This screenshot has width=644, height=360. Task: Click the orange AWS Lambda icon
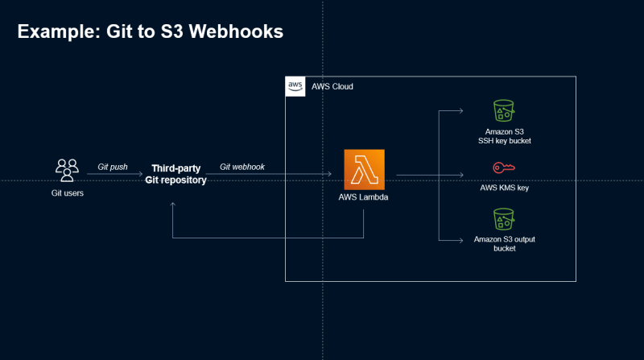pyautogui.click(x=365, y=169)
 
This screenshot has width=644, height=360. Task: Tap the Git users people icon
pyautogui.click(x=68, y=170)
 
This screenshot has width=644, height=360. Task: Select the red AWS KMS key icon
pyautogui.click(x=504, y=168)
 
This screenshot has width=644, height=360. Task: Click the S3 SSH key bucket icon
pyautogui.click(x=504, y=110)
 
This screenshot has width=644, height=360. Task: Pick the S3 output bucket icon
pyautogui.click(x=504, y=219)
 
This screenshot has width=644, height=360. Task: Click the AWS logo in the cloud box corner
pyautogui.click(x=295, y=86)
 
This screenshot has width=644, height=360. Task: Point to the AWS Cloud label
pyautogui.click(x=332, y=87)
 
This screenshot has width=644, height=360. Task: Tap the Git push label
pyautogui.click(x=113, y=167)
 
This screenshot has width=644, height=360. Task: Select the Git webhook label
pyautogui.click(x=242, y=167)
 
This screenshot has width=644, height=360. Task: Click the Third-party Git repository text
pyautogui.click(x=175, y=174)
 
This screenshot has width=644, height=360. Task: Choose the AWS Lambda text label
pyautogui.click(x=363, y=197)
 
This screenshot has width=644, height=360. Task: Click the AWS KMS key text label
pyautogui.click(x=505, y=188)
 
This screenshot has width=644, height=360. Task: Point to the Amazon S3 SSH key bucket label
pyautogui.click(x=505, y=136)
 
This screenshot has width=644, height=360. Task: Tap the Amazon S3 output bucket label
pyautogui.click(x=505, y=244)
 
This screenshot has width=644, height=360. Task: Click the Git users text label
pyautogui.click(x=68, y=193)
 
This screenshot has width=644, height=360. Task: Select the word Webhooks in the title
pyautogui.click(x=236, y=31)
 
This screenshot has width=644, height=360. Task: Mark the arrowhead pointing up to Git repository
pyautogui.click(x=173, y=205)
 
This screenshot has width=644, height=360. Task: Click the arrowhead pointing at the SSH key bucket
pyautogui.click(x=461, y=110)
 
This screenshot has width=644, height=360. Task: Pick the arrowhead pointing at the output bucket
pyautogui.click(x=461, y=241)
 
